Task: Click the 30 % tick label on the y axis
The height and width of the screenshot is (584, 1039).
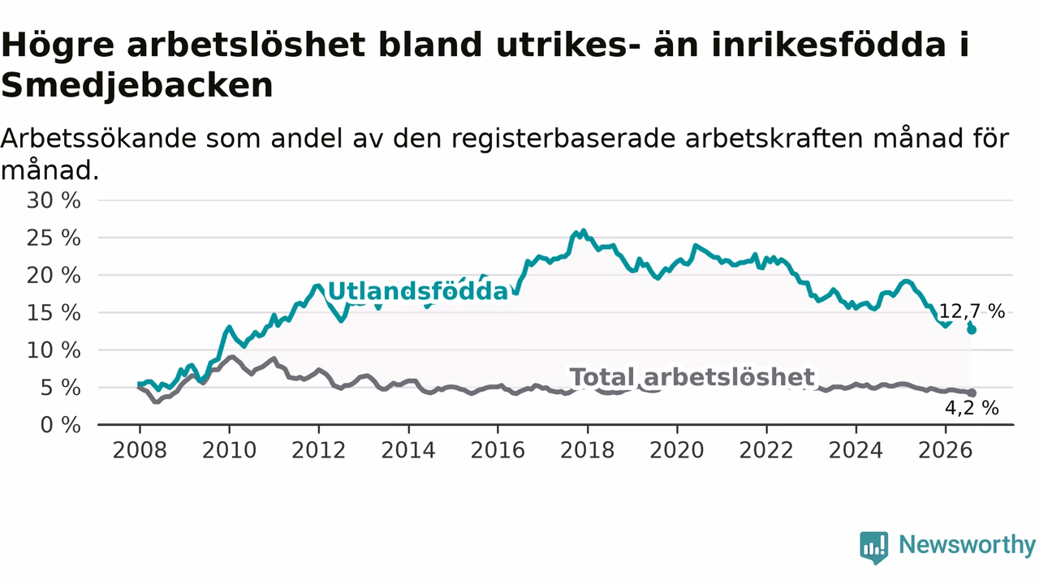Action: coord(54,200)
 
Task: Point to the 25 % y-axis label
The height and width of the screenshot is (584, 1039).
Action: coord(54,238)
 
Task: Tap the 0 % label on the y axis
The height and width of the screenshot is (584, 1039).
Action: coord(61,425)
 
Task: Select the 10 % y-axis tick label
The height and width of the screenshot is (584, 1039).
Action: coord(54,350)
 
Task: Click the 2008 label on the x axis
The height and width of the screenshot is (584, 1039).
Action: coord(140,450)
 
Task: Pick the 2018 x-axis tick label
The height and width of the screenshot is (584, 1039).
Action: coord(587,450)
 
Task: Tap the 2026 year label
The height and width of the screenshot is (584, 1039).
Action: coord(946,450)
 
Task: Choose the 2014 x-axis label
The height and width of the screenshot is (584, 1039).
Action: coord(408,450)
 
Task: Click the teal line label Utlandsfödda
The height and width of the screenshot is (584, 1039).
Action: coord(418,291)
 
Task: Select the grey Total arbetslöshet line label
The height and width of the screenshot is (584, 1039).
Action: coord(692,377)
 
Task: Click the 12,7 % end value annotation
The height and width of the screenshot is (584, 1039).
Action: coord(972,311)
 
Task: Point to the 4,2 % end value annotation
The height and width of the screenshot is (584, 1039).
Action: coord(972,408)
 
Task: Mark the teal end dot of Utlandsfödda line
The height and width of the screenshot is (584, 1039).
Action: coord(972,330)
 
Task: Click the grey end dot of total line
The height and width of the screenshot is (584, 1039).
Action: coord(972,393)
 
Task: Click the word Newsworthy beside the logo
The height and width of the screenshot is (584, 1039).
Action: coord(967,544)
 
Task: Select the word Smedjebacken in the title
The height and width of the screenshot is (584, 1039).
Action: coord(137,86)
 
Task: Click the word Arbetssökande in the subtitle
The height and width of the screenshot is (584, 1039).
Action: coord(98,138)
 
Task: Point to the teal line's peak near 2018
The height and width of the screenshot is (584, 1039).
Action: coord(584,230)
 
